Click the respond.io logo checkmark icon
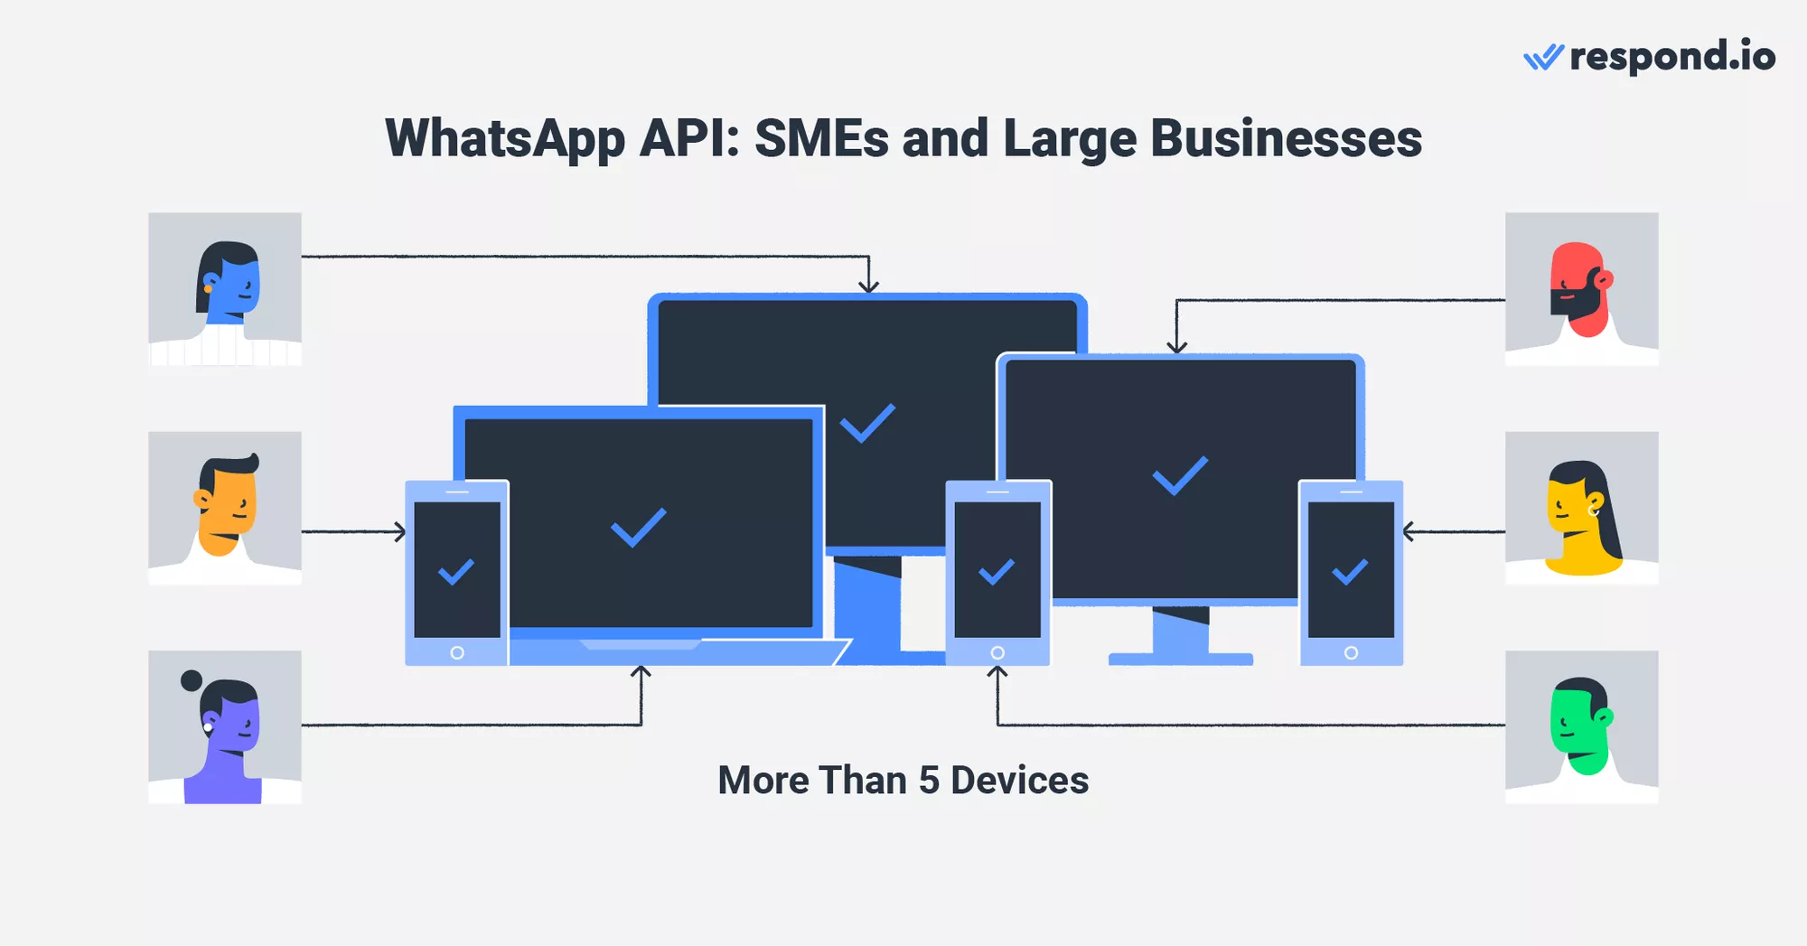tap(1543, 58)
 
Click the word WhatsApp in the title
tap(504, 139)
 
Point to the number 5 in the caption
tap(929, 781)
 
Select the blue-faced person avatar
tap(225, 289)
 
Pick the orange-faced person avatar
tap(225, 508)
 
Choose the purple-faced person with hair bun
tap(225, 727)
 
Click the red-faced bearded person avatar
tap(1581, 289)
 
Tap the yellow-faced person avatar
tap(1581, 508)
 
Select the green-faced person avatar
tap(1581, 727)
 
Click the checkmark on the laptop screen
tap(638, 527)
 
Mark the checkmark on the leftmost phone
tap(456, 572)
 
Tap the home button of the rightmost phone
tap(1351, 652)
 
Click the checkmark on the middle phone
tap(997, 572)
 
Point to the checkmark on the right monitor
tap(1180, 475)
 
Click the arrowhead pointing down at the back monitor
tap(868, 286)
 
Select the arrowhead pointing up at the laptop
tap(641, 671)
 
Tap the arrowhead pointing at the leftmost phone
tap(400, 531)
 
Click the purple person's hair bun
tap(192, 680)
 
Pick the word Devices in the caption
tap(1019, 781)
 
